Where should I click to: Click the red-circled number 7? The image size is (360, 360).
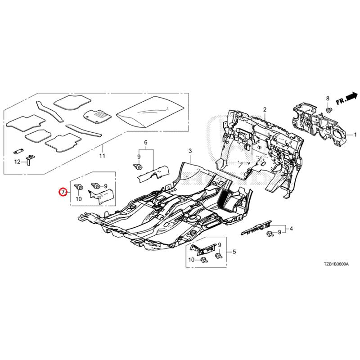63,192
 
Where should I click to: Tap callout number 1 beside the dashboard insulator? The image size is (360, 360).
355,135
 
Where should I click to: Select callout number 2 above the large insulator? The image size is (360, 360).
265,109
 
